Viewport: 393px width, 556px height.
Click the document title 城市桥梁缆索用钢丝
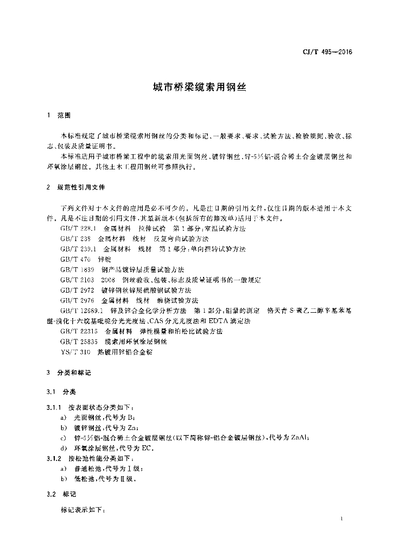(x=196, y=87)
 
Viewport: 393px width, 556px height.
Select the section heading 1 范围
(x=59, y=116)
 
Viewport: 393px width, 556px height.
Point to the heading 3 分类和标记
(x=69, y=374)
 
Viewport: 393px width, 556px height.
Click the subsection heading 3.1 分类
(x=61, y=391)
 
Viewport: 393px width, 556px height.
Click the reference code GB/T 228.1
(x=78, y=229)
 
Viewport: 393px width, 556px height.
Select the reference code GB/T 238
(x=75, y=239)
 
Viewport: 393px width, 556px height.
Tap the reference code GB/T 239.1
(x=78, y=249)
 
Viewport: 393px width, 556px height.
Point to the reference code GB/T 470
(x=75, y=260)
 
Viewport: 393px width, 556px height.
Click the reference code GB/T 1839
(x=77, y=270)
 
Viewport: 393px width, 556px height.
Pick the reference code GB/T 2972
(x=77, y=290)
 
